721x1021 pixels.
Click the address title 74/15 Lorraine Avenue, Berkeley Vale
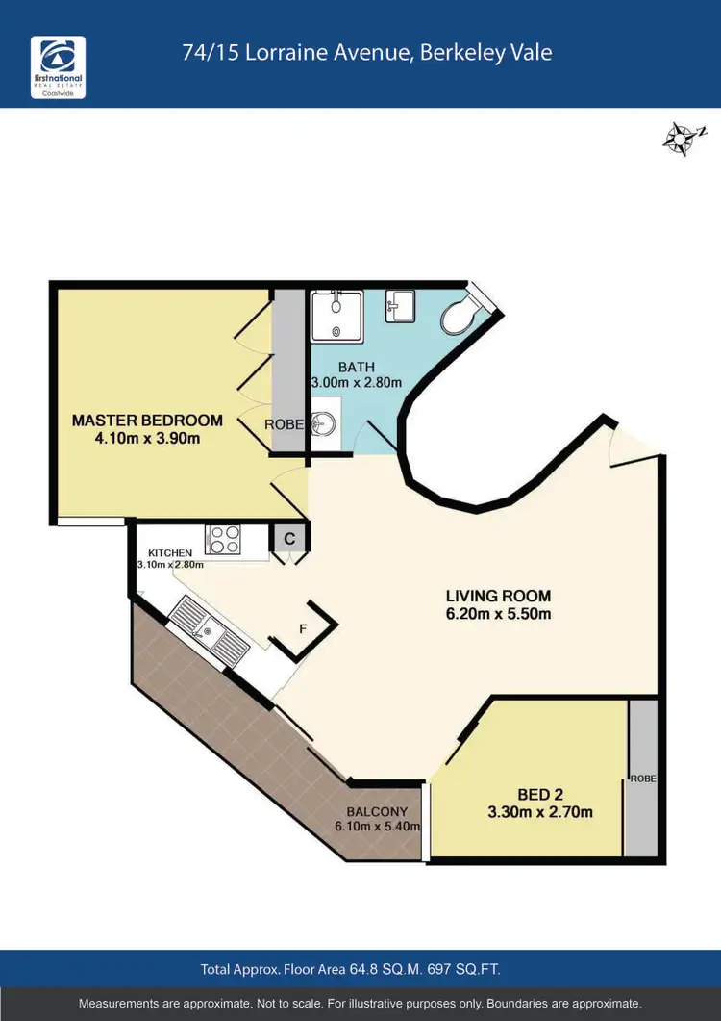click(367, 52)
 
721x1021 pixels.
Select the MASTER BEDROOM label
click(147, 421)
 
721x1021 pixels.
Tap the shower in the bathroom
click(336, 315)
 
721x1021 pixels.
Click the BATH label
click(356, 367)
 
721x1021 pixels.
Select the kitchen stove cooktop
click(224, 539)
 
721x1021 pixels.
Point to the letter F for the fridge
click(303, 629)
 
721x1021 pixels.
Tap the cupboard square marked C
click(288, 539)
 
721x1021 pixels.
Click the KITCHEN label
click(171, 552)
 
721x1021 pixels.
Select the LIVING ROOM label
click(497, 596)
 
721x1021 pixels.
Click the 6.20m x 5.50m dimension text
click(497, 614)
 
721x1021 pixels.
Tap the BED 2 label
click(540, 794)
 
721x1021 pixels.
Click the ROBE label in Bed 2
click(643, 779)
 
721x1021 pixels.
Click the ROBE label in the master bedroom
click(285, 423)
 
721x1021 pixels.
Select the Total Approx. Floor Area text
click(350, 968)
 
